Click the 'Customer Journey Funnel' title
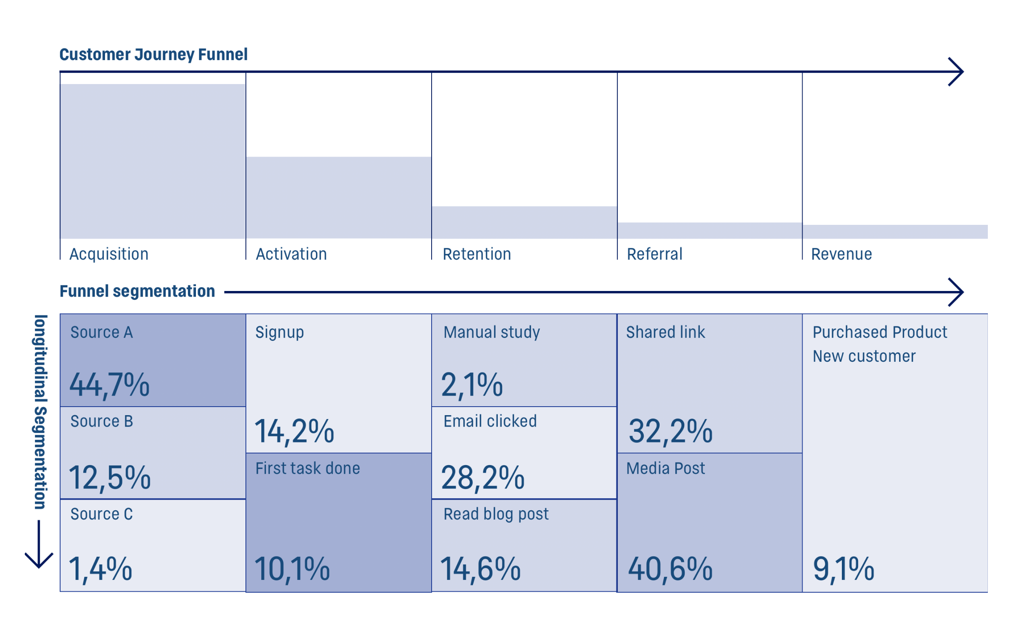(153, 55)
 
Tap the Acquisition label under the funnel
(109, 254)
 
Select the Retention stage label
(477, 254)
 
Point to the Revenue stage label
(841, 254)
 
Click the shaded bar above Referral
(710, 230)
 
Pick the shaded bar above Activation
(339, 198)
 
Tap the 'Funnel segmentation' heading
(137, 291)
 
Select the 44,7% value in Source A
(110, 385)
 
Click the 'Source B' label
(102, 422)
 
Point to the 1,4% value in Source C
(100, 569)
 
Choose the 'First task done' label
(307, 468)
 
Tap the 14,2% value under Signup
(294, 431)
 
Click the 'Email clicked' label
(490, 422)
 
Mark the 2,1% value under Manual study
(472, 385)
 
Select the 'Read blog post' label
(496, 515)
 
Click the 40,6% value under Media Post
(670, 569)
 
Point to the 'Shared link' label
(665, 332)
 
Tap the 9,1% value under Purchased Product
(844, 569)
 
